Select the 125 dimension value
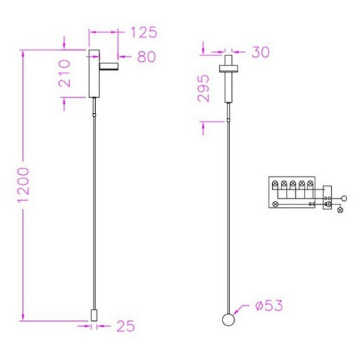click(x=144, y=32)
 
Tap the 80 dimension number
click(x=146, y=57)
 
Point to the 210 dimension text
click(x=65, y=73)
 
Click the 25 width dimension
click(x=126, y=326)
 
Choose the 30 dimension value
click(x=261, y=52)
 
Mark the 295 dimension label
click(x=203, y=88)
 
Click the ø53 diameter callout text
click(x=269, y=305)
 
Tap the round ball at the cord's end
click(x=228, y=320)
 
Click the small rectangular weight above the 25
click(x=94, y=315)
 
